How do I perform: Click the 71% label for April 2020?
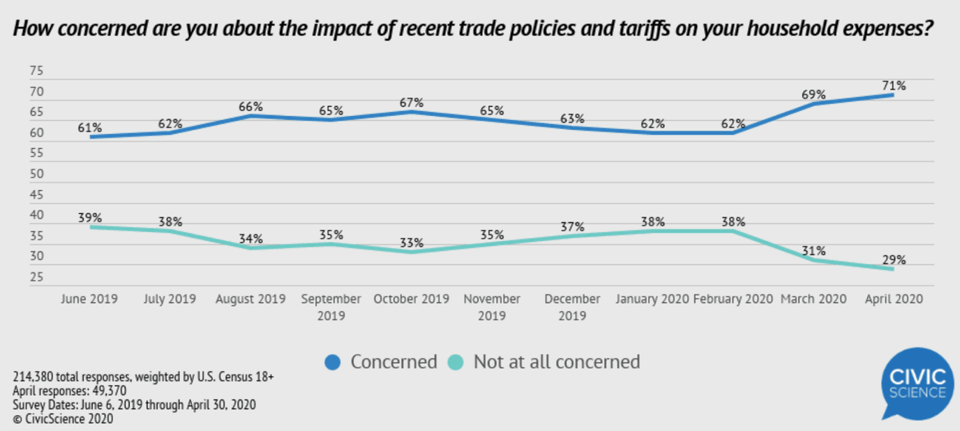point(894,86)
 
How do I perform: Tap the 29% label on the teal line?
point(894,260)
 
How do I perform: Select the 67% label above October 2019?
point(412,103)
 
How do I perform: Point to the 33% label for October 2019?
point(412,243)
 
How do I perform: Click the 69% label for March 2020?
point(813,94)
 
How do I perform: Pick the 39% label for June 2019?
point(89,218)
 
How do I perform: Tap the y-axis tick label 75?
point(37,71)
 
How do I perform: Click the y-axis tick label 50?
point(37,174)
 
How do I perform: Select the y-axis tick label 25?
point(37,277)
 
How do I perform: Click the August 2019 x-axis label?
point(250,299)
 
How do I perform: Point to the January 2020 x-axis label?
point(652,299)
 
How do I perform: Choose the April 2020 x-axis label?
point(894,299)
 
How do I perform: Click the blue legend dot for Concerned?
point(333,363)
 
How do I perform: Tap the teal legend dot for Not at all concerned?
point(456,363)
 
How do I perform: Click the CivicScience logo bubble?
point(917,383)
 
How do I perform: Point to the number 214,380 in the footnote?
point(34,377)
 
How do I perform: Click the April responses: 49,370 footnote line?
point(70,391)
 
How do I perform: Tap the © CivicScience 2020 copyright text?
point(63,419)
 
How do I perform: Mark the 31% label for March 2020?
point(813,250)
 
